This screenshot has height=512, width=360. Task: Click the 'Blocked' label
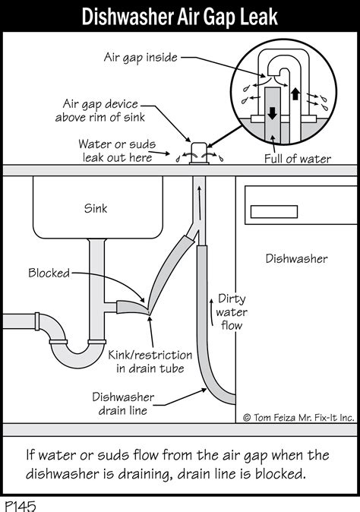49,273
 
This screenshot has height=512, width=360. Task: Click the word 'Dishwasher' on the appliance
296,259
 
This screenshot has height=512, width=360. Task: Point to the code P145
21,504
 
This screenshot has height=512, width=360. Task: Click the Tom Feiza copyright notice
298,417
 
